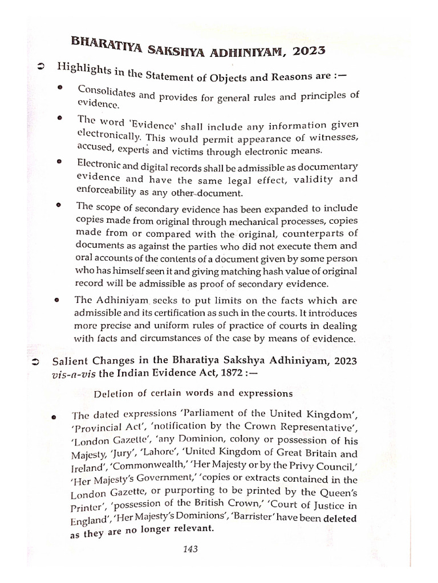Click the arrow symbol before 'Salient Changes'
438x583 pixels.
36,362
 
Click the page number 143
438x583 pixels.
190,549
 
